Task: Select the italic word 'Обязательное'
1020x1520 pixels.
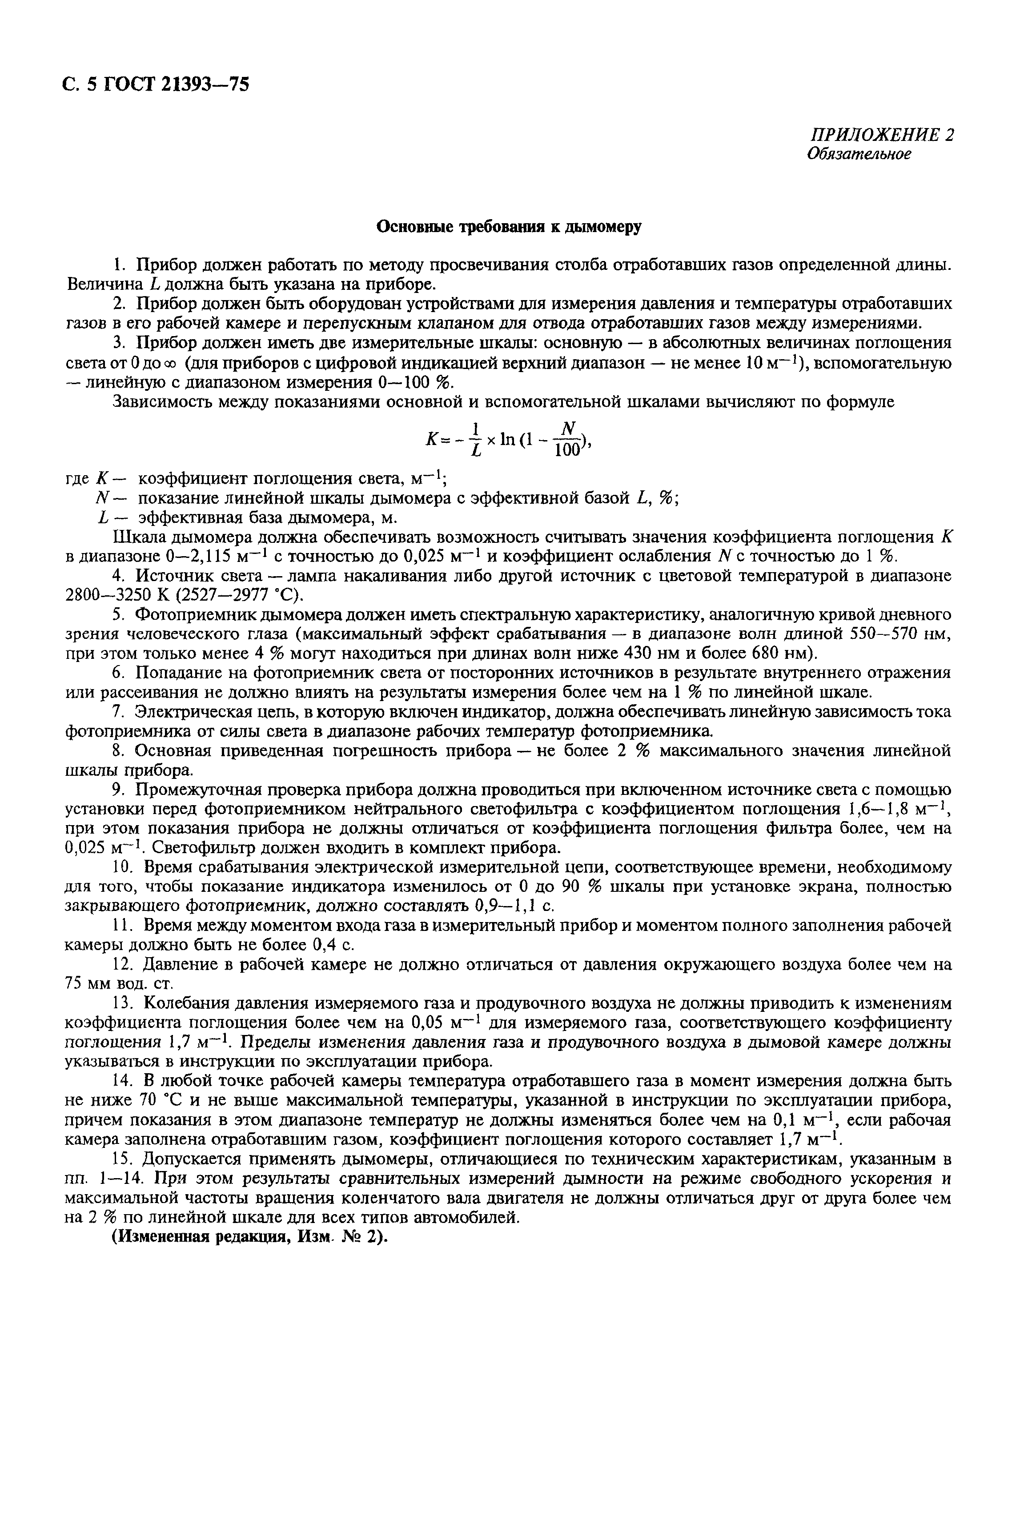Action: (859, 154)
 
